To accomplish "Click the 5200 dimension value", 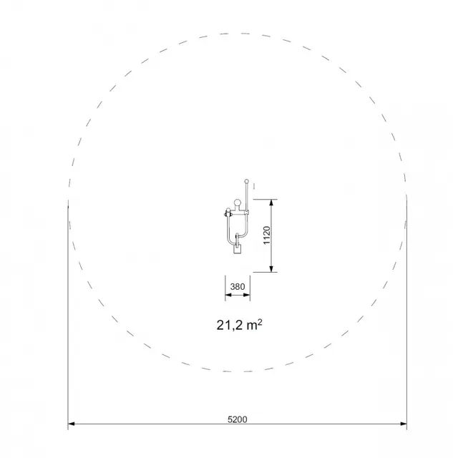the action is coord(237,419).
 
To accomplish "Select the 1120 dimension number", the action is coord(267,235).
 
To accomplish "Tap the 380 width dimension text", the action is coord(238,286).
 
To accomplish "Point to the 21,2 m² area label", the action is coord(239,325).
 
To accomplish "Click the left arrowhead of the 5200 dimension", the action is coord(72,424).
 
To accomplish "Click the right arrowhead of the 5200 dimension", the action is coord(404,424).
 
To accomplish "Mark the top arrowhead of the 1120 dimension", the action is coord(272,203).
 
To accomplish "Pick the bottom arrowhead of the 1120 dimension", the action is coord(272,269).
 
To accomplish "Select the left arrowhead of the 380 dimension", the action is coord(228,295).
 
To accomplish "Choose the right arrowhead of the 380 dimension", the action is coord(247,295).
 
